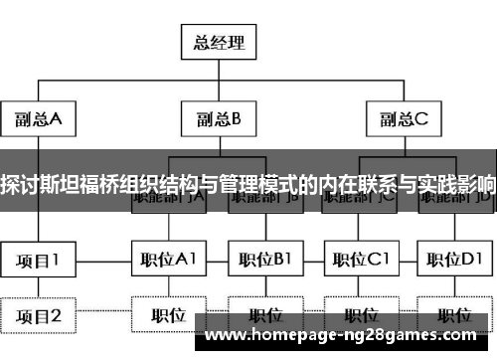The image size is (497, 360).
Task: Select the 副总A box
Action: point(39,120)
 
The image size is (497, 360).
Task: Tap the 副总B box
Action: point(219,120)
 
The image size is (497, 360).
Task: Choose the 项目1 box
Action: point(39,261)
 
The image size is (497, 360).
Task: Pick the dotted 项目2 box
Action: point(39,316)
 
